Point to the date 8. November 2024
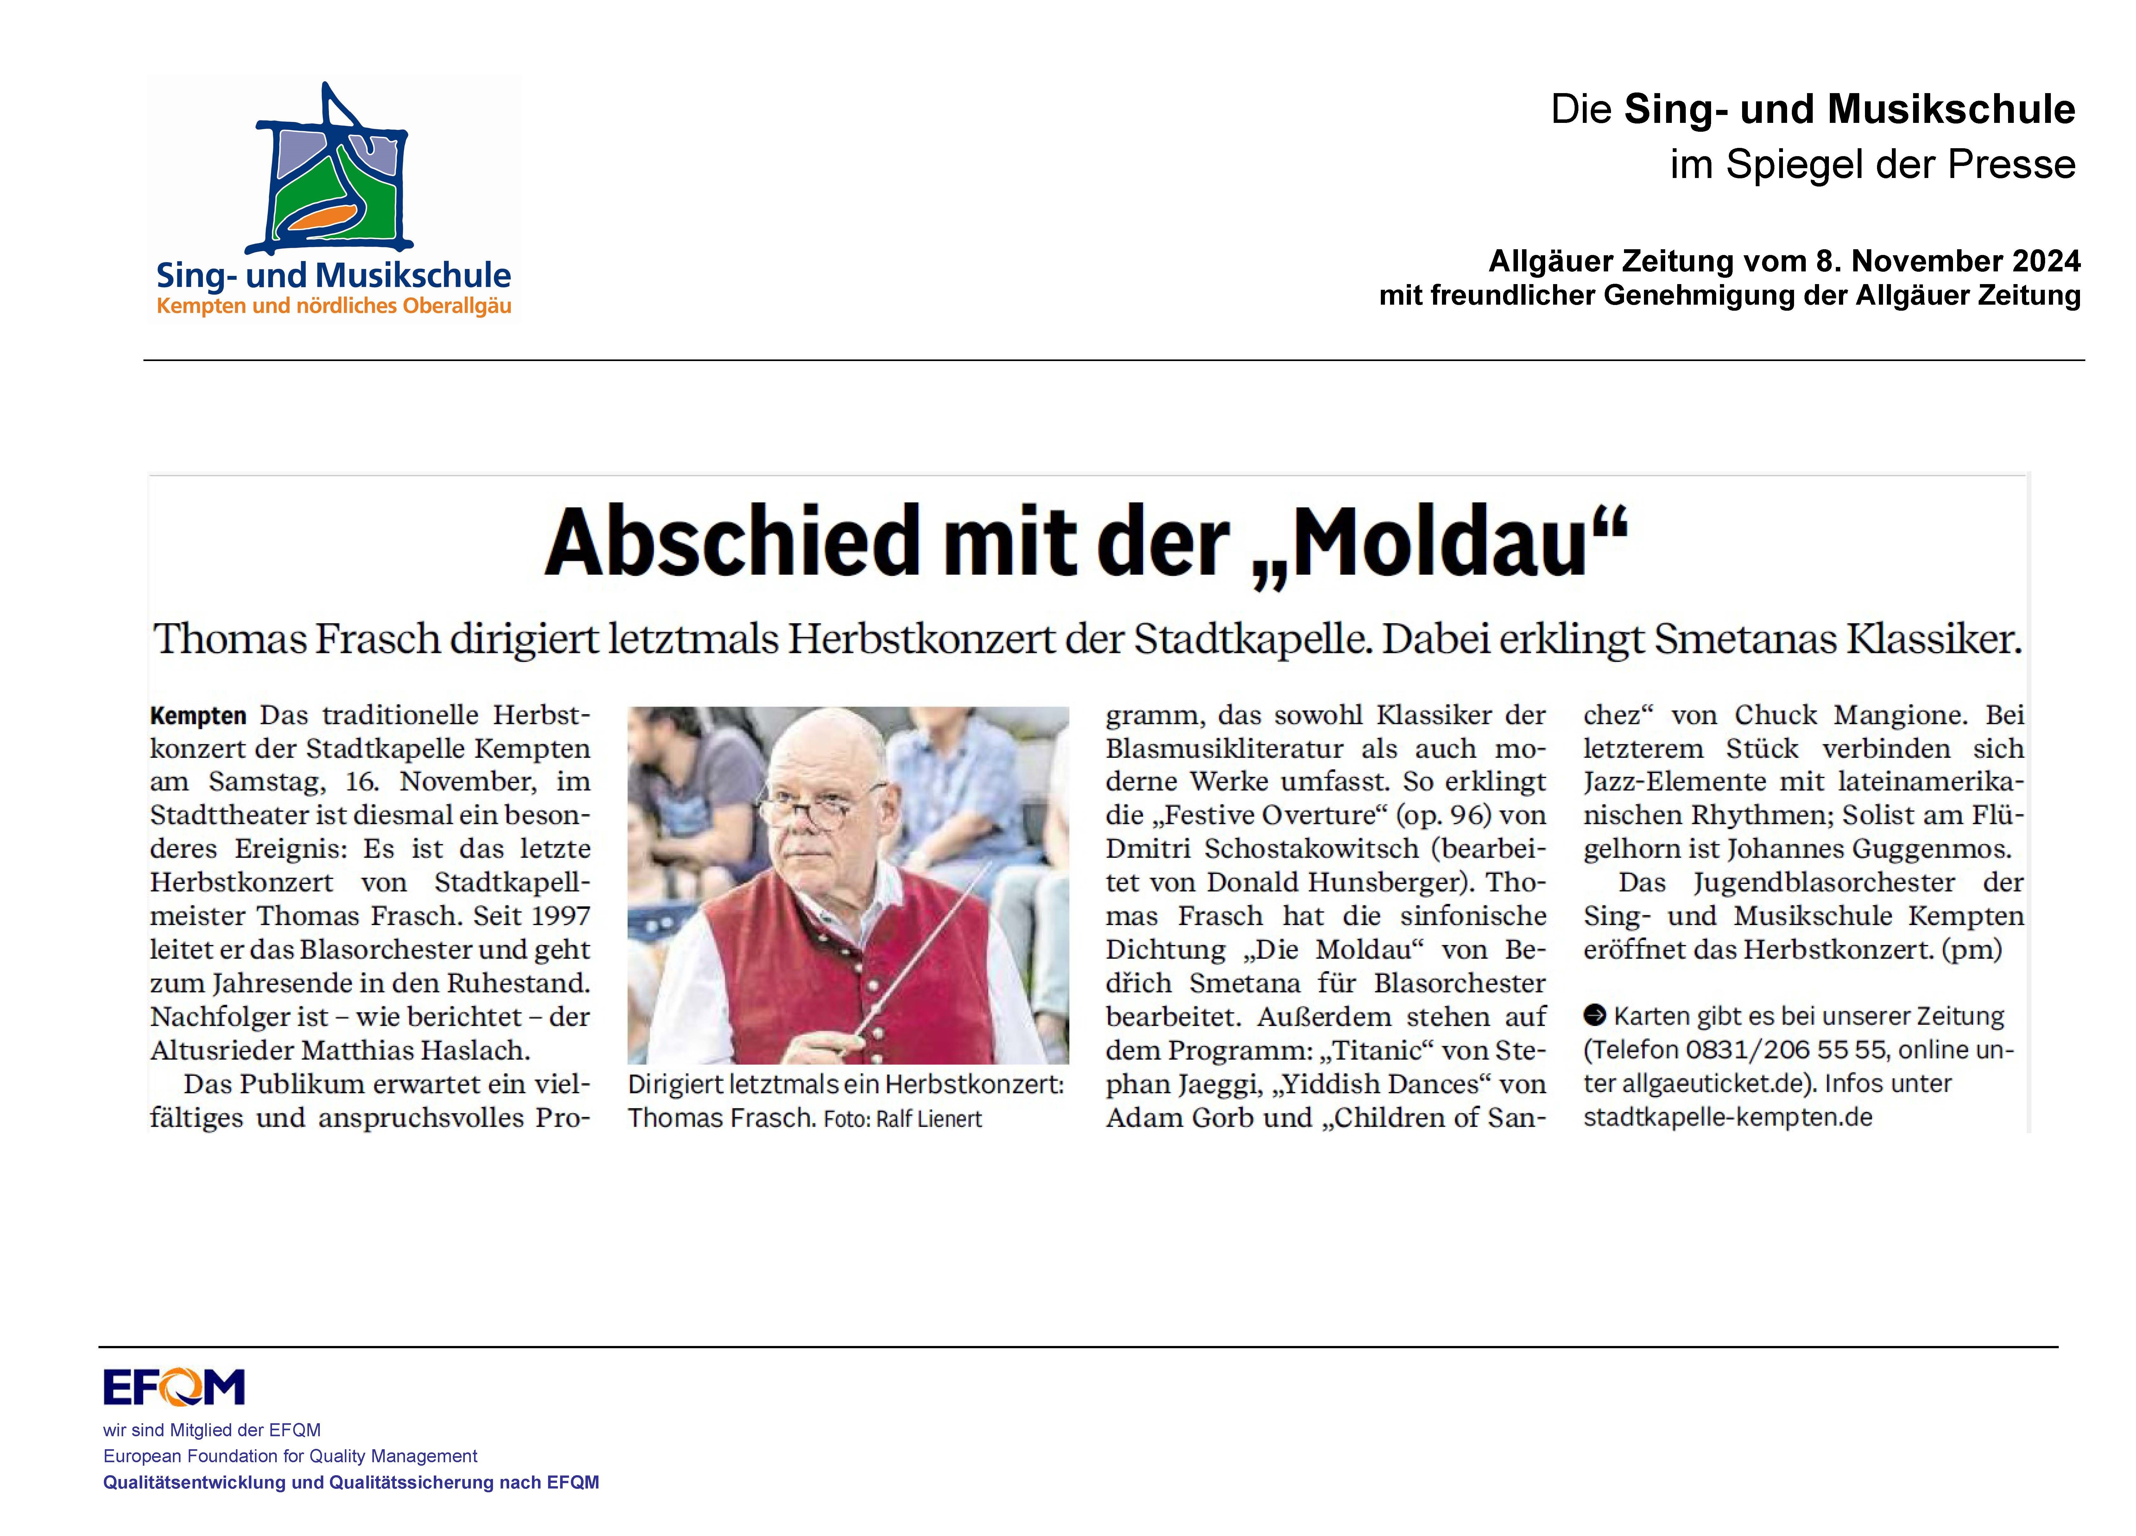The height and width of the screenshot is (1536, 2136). click(x=1945, y=261)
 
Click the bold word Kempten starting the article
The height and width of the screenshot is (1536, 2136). click(x=198, y=716)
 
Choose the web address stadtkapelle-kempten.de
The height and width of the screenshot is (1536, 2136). click(x=1727, y=1118)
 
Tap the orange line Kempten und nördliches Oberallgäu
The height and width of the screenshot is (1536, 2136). click(x=333, y=306)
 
